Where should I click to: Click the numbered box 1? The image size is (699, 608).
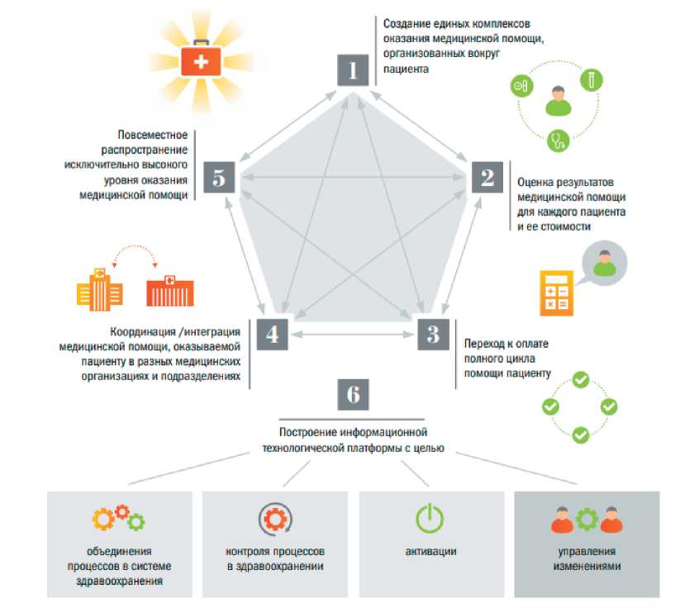[x=354, y=70]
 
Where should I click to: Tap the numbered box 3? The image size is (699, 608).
[x=432, y=333]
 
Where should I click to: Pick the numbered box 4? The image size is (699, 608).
[x=272, y=333]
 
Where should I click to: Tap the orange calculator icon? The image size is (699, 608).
[x=557, y=292]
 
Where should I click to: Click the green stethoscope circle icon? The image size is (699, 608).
[x=559, y=140]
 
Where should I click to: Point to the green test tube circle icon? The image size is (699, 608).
[x=592, y=78]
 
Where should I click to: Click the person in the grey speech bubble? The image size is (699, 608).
[x=605, y=262]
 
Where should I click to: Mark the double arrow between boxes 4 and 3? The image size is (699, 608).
[x=352, y=334]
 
